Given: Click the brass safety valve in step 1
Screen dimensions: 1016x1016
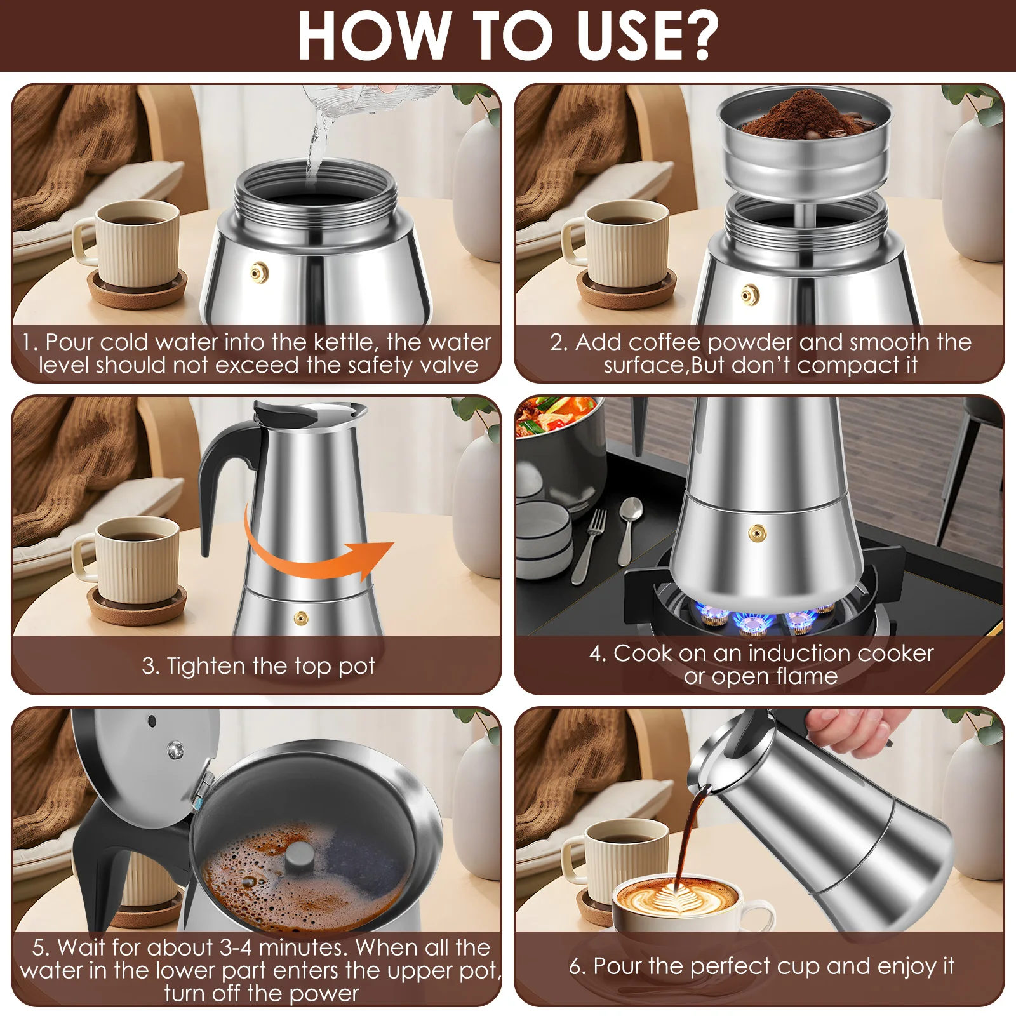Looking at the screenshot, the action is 258,273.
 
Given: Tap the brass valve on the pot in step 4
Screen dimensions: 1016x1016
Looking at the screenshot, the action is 756,533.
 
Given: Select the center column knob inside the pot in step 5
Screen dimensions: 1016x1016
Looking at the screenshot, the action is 298,857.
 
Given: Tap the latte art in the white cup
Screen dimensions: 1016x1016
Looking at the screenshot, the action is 677,898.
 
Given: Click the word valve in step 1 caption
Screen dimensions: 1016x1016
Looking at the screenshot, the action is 448,365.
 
